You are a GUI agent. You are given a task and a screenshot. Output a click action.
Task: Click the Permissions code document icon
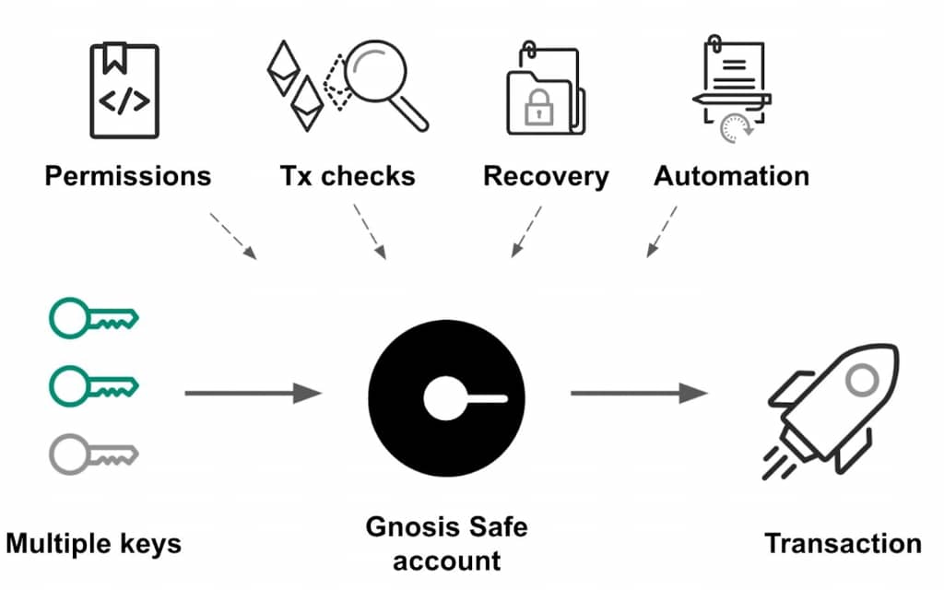point(124,90)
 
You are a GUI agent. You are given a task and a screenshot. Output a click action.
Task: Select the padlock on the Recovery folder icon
point(538,107)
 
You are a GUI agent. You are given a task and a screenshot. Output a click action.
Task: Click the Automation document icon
point(732,88)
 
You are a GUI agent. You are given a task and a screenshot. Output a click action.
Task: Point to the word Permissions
point(127,176)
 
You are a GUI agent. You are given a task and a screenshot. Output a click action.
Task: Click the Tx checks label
point(348,176)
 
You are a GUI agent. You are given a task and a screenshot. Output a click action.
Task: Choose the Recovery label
point(546,177)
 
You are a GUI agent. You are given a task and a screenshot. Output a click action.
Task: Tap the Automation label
point(731,176)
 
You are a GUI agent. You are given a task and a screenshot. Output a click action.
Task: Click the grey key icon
point(93,454)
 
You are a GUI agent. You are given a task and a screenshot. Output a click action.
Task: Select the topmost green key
point(93,318)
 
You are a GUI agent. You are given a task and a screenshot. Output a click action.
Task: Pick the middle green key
point(93,386)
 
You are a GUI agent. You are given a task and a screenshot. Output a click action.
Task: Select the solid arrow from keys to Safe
point(253,393)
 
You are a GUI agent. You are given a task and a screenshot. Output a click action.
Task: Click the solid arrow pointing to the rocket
point(639,393)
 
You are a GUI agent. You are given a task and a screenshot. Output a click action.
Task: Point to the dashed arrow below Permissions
point(233,236)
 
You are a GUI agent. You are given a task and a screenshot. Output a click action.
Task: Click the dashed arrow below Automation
point(662,231)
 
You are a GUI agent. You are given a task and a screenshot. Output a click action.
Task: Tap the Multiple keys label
point(93,544)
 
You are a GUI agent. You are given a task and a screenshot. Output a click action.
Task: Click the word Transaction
point(843,544)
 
